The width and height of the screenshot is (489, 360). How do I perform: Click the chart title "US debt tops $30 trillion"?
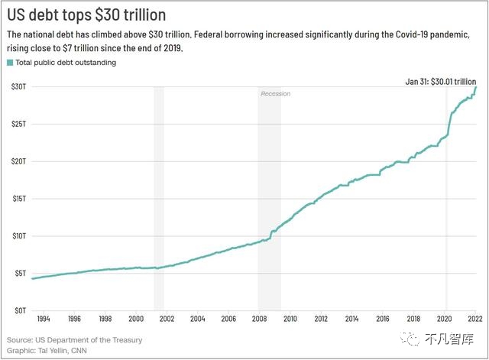(86, 15)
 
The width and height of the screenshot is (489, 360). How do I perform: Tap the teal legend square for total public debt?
(10, 63)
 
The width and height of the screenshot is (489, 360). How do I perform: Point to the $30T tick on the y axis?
(18, 86)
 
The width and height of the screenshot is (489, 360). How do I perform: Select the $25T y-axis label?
(18, 124)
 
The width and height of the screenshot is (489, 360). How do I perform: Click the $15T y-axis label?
(19, 199)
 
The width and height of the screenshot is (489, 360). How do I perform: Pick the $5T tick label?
(21, 274)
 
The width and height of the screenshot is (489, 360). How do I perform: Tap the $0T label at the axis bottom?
(21, 310)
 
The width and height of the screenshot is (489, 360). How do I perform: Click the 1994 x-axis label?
(44, 319)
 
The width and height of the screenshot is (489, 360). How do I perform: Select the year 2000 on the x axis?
(136, 319)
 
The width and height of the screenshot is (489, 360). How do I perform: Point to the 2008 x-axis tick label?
(260, 319)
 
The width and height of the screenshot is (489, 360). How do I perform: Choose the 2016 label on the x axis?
(383, 319)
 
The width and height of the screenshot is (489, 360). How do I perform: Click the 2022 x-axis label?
(475, 319)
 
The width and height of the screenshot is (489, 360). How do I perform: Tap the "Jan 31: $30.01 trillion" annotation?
(441, 82)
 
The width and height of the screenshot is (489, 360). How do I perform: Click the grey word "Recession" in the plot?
(276, 93)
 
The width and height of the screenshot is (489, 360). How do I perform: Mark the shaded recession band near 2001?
(159, 199)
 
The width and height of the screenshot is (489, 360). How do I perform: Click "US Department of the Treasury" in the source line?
(89, 339)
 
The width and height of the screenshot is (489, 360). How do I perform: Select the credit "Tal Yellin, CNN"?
(63, 351)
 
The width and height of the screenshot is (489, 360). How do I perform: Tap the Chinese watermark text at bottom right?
(449, 339)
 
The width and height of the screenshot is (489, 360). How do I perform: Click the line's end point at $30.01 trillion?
(476, 86)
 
